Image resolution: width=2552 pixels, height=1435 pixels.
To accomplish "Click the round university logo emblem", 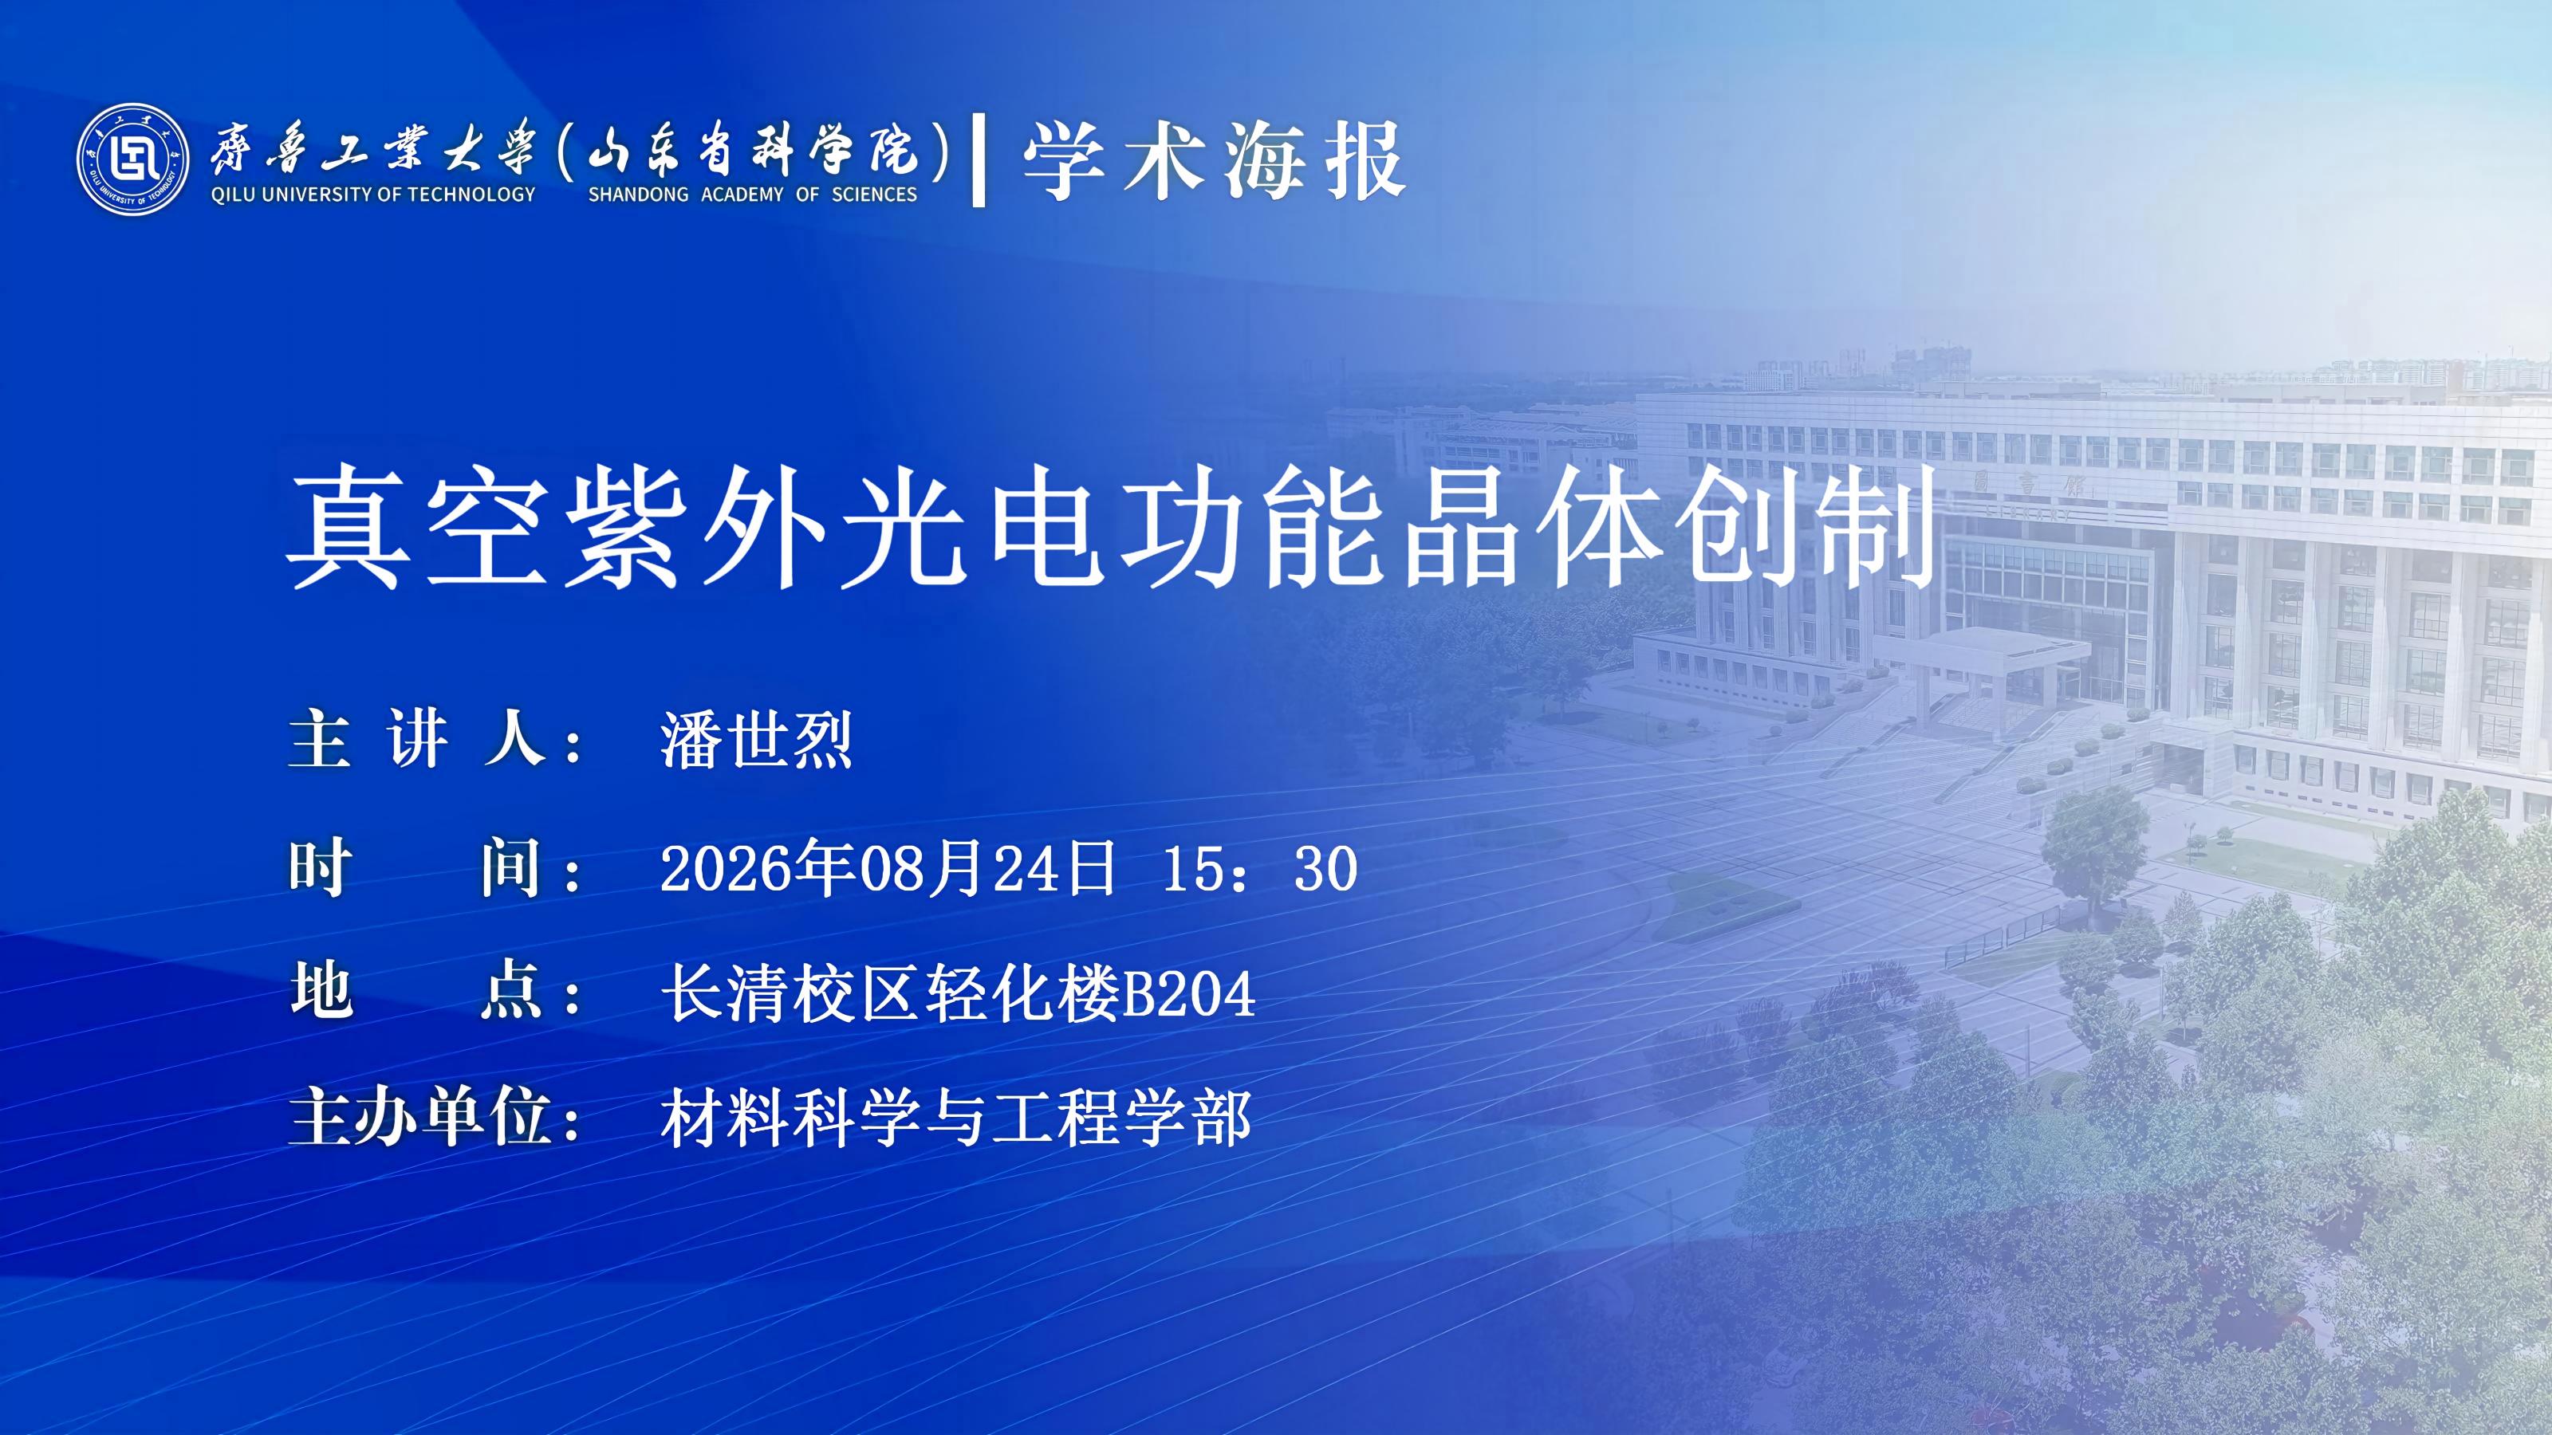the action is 132,159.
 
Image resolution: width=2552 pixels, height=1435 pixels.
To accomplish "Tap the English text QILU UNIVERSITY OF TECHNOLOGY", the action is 372,195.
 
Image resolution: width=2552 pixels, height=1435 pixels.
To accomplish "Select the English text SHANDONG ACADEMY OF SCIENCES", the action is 753,195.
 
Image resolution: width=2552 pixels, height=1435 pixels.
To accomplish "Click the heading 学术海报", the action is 1214,161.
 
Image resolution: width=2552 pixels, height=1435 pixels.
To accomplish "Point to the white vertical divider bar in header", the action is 979,160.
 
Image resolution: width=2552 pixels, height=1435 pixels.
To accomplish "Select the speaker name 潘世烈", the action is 756,740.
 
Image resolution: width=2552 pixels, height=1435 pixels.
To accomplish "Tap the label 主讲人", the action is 417,740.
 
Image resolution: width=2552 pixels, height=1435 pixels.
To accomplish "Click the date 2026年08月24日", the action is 887,868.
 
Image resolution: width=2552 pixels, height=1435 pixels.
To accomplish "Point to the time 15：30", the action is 1259,868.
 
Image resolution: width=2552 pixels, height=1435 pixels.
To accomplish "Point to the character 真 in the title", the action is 348,530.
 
